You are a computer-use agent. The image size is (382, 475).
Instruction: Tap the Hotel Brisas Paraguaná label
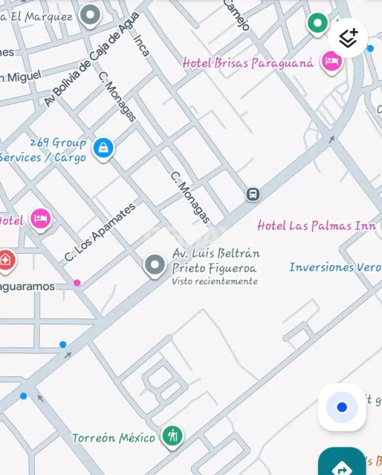(248, 63)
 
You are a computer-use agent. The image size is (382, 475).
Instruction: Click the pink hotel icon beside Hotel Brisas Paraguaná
(331, 62)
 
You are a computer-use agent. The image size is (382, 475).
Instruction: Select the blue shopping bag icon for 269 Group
(103, 148)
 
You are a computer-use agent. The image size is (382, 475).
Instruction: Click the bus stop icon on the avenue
(253, 194)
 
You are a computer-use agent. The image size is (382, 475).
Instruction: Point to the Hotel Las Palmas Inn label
(317, 226)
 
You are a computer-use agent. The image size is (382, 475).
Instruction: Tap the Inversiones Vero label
(334, 267)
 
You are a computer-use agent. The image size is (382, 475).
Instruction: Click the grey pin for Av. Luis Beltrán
(155, 265)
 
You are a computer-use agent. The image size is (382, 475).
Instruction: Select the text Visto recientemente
(215, 281)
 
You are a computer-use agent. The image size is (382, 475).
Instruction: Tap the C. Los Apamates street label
(100, 232)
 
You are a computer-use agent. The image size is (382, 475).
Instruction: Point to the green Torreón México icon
(172, 436)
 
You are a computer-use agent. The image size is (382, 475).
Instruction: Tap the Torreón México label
(114, 438)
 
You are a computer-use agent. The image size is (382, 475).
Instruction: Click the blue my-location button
(342, 407)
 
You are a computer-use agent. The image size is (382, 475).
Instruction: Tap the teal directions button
(342, 466)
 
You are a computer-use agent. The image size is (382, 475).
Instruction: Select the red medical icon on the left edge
(6, 260)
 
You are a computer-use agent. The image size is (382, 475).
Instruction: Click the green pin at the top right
(317, 24)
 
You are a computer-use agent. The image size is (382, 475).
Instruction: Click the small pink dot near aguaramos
(77, 283)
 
